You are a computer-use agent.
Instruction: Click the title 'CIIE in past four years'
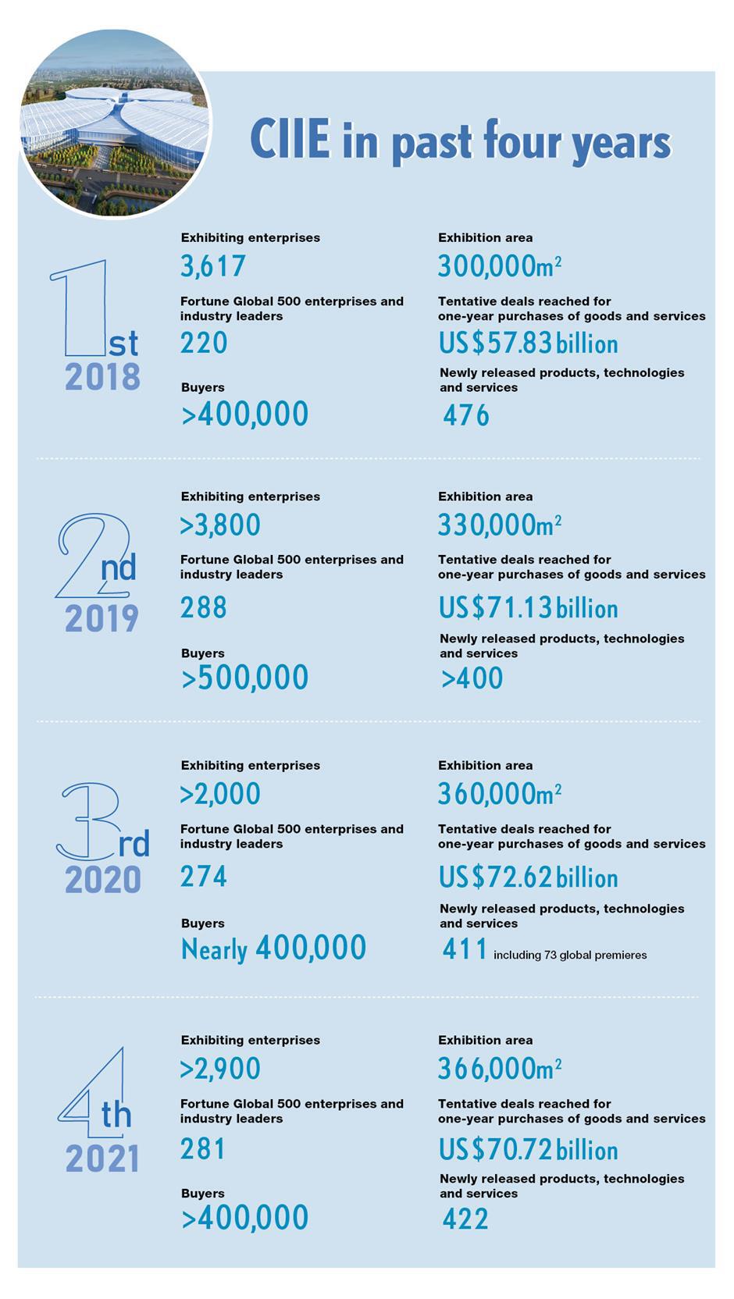tap(460, 142)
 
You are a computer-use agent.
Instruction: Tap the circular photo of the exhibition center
tap(115, 123)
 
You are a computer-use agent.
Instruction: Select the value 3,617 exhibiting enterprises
tap(213, 266)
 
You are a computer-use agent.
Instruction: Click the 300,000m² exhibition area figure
tap(500, 266)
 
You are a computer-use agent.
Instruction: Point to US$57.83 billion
tap(528, 343)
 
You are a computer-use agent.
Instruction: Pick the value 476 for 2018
tap(466, 415)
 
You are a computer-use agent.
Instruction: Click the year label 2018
tap(102, 377)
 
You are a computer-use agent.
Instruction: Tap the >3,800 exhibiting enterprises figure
tap(220, 525)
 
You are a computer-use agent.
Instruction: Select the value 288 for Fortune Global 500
tap(204, 607)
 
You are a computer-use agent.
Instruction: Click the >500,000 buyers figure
tap(245, 678)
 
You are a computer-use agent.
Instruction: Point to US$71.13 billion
tap(528, 608)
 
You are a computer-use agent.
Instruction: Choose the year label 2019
tap(102, 619)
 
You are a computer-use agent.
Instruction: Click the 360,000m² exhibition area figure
tap(500, 794)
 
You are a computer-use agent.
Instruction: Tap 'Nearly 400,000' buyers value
tap(273, 948)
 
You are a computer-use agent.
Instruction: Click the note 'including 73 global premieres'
tap(570, 955)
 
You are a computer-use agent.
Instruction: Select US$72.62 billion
tap(528, 877)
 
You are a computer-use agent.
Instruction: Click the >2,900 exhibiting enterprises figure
tap(220, 1069)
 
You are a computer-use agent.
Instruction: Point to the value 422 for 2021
tap(465, 1219)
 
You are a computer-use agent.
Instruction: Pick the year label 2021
tap(102, 1158)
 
